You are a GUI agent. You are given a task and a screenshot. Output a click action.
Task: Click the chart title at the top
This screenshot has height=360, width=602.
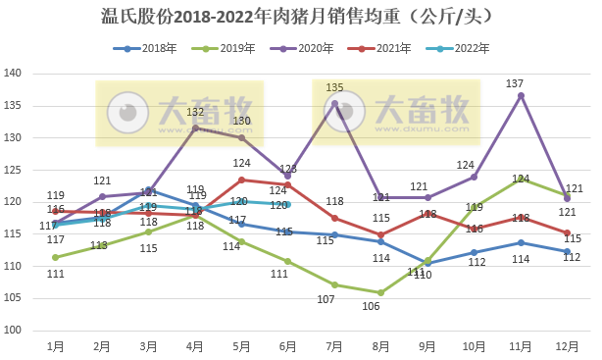301,17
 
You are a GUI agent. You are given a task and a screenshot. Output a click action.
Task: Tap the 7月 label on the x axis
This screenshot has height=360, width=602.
334,346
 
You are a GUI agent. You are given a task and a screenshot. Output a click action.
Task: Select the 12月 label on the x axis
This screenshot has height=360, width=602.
567,346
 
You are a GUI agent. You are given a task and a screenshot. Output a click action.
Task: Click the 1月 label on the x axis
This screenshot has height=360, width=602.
56,346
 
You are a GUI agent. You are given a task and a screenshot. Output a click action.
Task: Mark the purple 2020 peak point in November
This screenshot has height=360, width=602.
521,95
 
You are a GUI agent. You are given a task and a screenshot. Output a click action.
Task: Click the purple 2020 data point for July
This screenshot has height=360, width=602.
334,103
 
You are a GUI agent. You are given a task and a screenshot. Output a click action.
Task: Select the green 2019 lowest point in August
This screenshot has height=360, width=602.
380,292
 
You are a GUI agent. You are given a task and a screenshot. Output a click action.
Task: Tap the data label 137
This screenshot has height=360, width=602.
515,83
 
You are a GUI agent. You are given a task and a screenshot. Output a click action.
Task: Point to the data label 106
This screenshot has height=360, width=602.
372,306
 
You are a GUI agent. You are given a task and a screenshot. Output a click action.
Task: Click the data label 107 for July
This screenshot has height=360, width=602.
326,299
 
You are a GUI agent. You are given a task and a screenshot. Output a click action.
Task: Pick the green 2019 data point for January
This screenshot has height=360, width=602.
56,257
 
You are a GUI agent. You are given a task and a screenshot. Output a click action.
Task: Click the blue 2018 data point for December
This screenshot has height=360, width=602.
567,251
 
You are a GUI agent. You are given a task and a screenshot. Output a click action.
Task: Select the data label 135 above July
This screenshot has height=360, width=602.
334,88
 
